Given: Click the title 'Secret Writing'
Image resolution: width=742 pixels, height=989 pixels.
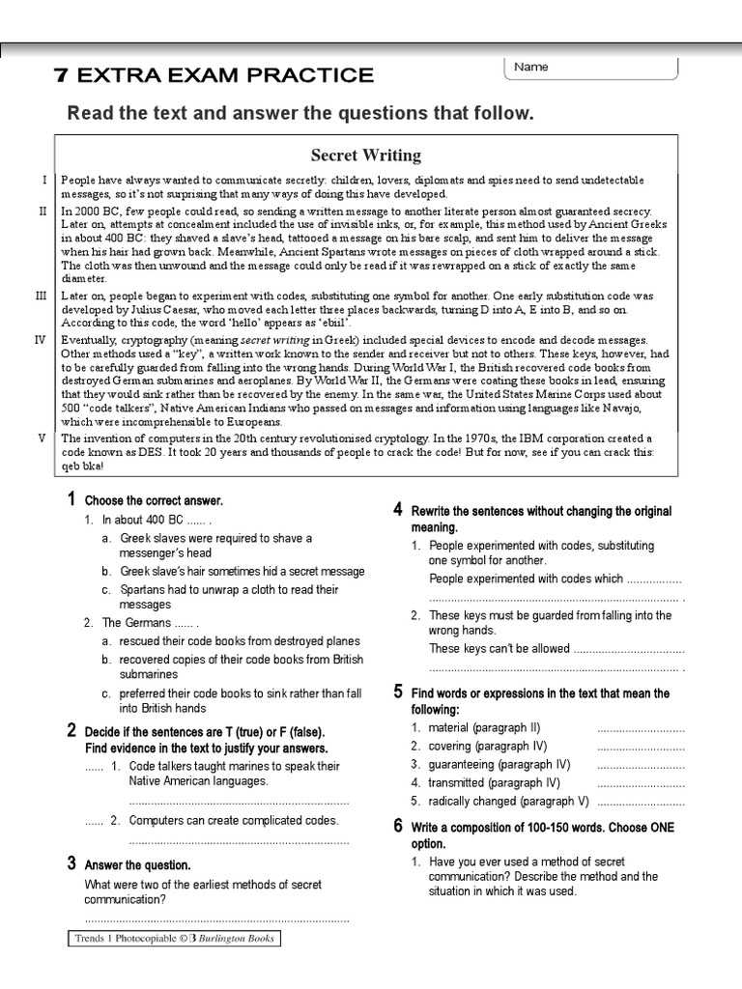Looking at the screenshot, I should coord(365,155).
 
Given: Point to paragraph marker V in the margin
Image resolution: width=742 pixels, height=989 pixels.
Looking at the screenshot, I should coord(42,438).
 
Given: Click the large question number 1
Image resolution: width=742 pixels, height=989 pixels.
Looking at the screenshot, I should coord(71,499).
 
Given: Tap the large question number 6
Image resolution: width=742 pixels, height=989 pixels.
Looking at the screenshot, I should coord(398,826).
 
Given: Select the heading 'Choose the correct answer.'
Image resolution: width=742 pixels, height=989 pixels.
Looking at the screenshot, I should coord(154,501).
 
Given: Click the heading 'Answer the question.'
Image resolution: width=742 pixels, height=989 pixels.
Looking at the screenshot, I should coord(137,864).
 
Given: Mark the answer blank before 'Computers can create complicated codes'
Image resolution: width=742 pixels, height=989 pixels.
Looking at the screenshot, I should coord(93,821).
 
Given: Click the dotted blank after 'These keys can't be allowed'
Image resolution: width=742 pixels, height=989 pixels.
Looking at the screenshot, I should coord(628,649).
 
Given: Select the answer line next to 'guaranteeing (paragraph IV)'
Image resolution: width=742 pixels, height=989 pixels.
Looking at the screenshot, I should coord(641,765).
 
